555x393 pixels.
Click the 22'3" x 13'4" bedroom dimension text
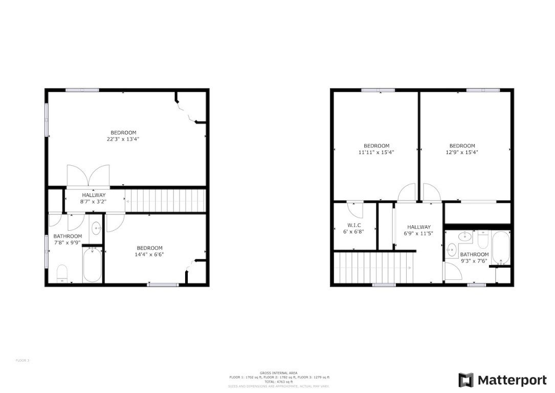click(123, 139)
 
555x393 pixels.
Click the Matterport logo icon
click(465, 380)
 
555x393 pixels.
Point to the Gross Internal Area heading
click(278, 373)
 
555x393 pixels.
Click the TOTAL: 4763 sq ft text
click(278, 382)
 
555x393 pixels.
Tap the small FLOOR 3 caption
click(23, 360)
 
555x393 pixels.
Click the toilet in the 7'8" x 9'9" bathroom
click(62, 273)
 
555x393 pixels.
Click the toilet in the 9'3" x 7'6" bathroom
click(483, 239)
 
